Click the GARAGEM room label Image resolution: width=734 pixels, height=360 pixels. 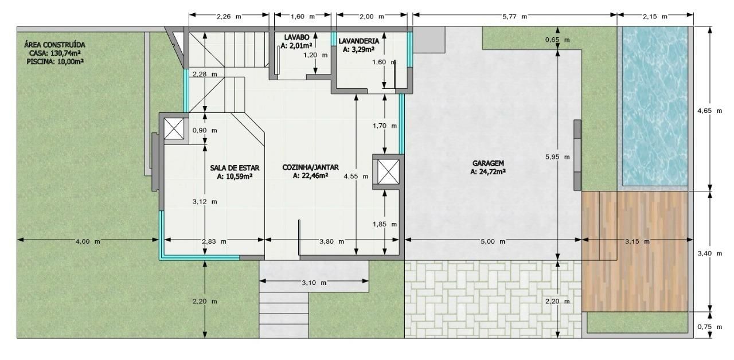[488, 163]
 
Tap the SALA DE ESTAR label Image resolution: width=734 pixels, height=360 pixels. [235, 168]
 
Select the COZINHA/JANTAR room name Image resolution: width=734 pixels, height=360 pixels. [310, 167]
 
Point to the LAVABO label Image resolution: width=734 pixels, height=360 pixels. [296, 38]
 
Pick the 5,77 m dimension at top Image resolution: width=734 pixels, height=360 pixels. [514, 17]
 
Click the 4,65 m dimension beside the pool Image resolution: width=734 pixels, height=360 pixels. [709, 111]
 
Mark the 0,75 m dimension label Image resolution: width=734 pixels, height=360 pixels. [709, 327]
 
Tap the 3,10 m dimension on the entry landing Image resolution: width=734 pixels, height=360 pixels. [314, 283]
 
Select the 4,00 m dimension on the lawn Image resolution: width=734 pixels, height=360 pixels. [88, 241]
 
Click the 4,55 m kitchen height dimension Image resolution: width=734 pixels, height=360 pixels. [356, 176]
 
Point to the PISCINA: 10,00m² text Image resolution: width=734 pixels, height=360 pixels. [55, 61]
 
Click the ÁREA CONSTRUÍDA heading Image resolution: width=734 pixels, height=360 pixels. [54, 45]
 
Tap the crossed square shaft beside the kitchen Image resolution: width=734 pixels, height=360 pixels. [388, 172]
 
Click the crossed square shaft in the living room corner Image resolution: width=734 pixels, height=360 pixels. [174, 128]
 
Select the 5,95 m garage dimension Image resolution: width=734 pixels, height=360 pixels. [557, 157]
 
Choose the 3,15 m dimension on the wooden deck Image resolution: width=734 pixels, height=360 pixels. [637, 241]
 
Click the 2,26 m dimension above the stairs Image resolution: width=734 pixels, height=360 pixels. [228, 17]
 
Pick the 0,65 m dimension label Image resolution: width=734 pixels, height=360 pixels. [557, 40]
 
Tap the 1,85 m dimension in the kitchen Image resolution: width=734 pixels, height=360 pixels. [384, 224]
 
